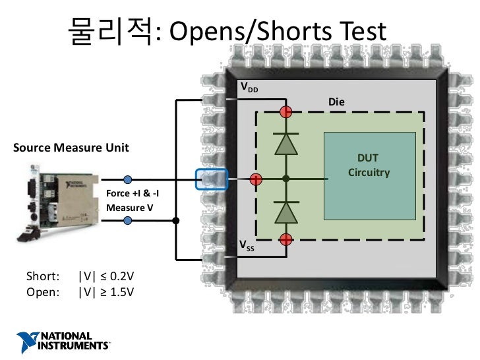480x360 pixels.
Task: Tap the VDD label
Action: tap(249, 88)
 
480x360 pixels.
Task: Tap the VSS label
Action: tap(246, 247)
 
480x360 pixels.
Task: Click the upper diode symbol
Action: tap(285, 144)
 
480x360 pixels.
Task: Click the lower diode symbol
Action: tap(285, 211)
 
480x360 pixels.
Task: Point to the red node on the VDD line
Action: tap(285, 111)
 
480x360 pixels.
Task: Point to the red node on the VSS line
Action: tap(285, 239)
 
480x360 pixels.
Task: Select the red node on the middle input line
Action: tap(256, 179)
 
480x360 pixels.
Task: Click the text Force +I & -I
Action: tap(132, 194)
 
